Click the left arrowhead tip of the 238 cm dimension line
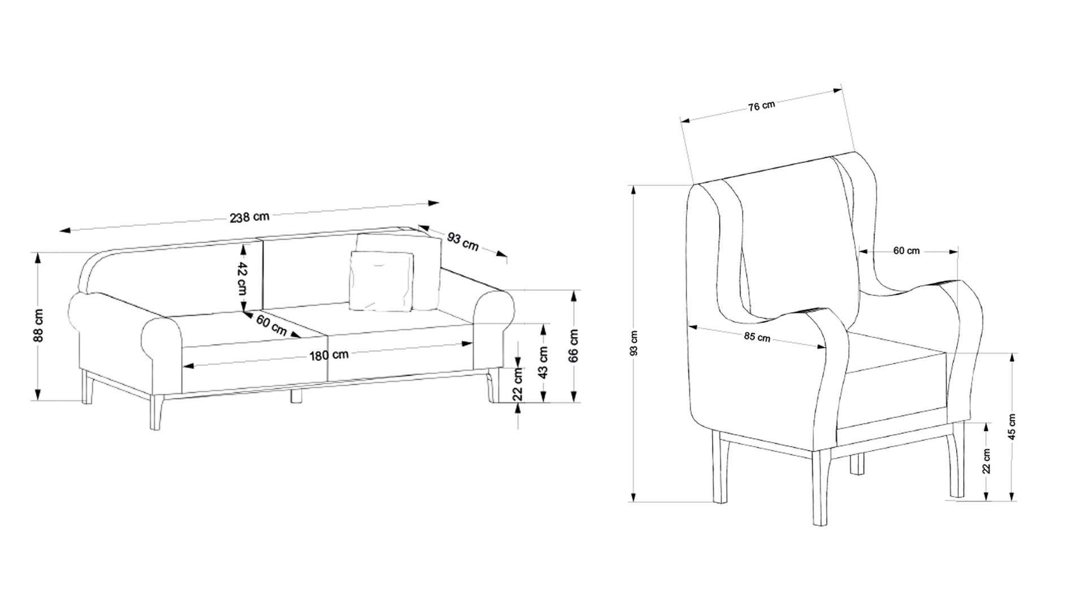point(60,230)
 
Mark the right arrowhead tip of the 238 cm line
point(439,202)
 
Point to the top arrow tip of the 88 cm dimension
point(38,252)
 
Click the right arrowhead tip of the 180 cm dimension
point(473,342)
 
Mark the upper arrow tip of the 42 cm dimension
point(243,243)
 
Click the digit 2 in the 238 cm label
point(233,219)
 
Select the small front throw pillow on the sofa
point(381,281)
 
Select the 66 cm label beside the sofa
point(574,345)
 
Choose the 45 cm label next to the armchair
point(1012,426)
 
